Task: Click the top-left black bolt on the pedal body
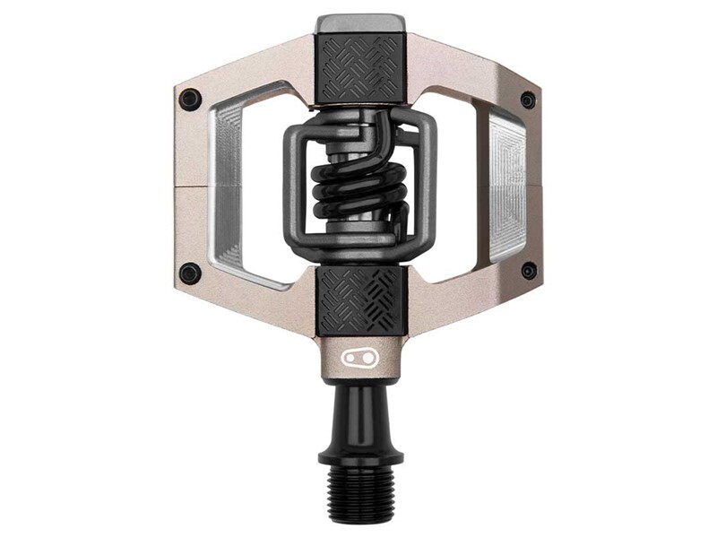coord(190,99)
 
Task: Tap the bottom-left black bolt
coord(190,273)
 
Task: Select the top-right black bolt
coord(528,100)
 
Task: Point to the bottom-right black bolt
coord(529,270)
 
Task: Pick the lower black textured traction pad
coord(361,299)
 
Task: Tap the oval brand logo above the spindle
coord(360,357)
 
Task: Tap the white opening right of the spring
coord(459,184)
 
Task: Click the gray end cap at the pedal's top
coord(361,23)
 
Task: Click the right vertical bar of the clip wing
coord(428,184)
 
